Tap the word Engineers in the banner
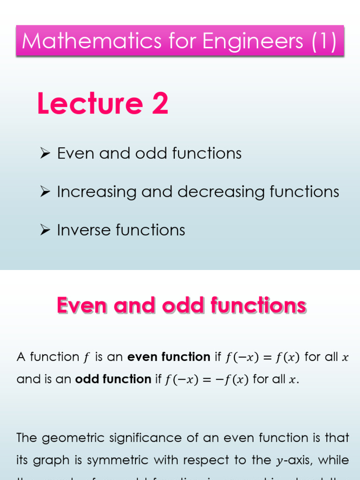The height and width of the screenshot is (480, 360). [x=245, y=41]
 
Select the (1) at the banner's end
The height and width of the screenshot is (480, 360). [x=323, y=41]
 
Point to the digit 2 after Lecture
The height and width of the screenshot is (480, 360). [x=159, y=104]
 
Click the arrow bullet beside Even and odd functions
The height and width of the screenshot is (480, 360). [x=45, y=153]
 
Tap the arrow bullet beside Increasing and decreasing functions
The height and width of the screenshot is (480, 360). [x=45, y=192]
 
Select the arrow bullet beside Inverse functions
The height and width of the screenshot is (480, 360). [x=45, y=230]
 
